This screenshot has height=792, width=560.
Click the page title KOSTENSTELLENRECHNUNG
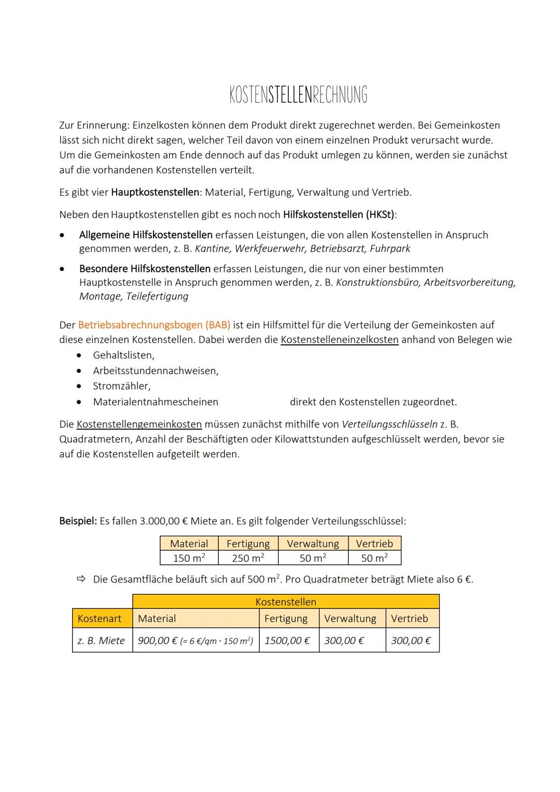point(298,95)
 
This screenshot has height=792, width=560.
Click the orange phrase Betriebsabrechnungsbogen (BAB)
point(154,325)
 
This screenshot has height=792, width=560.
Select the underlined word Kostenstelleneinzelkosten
point(340,340)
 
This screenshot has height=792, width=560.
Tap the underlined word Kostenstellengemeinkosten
point(139,424)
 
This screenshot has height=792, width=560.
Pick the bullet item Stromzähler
point(121,386)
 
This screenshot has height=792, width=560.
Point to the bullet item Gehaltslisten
point(123,355)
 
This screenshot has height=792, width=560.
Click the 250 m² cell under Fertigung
point(248,558)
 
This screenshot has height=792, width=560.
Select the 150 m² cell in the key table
point(189,558)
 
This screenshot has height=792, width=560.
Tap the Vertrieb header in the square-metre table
point(374,544)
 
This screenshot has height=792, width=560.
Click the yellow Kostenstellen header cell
point(286,602)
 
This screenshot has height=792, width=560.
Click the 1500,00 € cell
point(287,641)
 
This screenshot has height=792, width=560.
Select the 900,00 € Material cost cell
point(195,641)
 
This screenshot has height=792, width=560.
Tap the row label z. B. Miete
point(101,641)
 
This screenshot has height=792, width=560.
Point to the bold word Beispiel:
point(78,521)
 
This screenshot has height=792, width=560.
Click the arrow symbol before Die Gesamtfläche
point(80,579)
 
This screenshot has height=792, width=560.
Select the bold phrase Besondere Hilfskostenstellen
point(145,269)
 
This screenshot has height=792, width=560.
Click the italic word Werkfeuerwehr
point(270,249)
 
